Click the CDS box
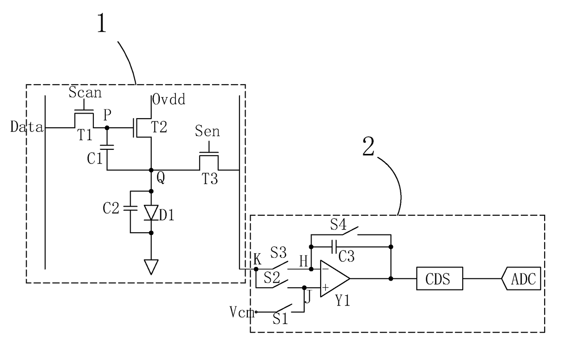[439, 278]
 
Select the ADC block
[521, 278]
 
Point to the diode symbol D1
[151, 213]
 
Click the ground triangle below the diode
[151, 267]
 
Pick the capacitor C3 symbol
[334, 247]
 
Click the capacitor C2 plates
[131, 208]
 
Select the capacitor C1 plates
[107, 147]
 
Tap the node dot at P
[107, 128]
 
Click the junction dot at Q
[151, 170]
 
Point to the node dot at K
[256, 269]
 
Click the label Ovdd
[169, 99]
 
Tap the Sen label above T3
[208, 131]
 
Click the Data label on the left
[27, 126]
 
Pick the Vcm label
[242, 312]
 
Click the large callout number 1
[102, 23]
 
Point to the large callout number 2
[368, 146]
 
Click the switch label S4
[338, 224]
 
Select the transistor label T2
[159, 127]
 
